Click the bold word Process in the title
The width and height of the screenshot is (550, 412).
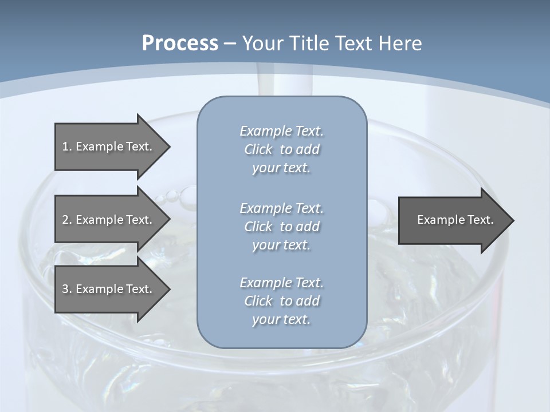coord(180,43)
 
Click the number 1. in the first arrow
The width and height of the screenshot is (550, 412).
coord(67,146)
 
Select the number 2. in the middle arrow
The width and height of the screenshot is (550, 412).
coord(67,220)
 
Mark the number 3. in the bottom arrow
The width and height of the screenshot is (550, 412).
coord(67,289)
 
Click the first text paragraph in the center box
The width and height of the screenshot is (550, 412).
coord(281,149)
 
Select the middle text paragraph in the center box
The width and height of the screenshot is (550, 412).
coord(281,226)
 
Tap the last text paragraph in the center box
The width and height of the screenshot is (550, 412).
coord(281,301)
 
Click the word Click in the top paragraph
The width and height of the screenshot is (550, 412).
coord(258,150)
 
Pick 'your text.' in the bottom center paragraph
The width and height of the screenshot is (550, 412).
coord(281,319)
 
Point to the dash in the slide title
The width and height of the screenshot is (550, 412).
coord(230,43)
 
